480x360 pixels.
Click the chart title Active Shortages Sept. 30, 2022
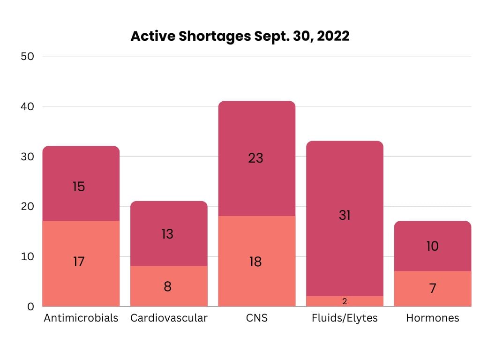click(x=240, y=37)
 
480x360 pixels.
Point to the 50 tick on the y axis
click(x=28, y=56)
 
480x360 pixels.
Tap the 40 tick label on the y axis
click(x=28, y=106)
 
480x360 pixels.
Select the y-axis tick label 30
click(x=28, y=157)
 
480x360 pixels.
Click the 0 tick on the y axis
click(x=31, y=307)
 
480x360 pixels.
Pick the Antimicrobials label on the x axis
click(x=81, y=318)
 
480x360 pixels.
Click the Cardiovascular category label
click(x=169, y=318)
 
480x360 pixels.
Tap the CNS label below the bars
click(x=256, y=318)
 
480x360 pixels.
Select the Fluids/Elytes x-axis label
click(x=345, y=318)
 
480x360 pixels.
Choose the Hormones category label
click(x=432, y=318)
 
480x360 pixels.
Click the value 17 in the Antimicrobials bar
click(x=79, y=262)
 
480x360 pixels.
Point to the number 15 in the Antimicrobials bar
click(x=79, y=187)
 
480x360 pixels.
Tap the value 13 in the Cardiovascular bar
click(x=167, y=234)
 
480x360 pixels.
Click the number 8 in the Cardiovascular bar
click(x=167, y=286)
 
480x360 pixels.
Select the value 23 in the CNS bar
click(x=255, y=158)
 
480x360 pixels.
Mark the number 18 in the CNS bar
click(x=255, y=262)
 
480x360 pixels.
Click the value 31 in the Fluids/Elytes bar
click(x=344, y=215)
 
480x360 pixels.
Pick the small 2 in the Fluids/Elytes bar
click(x=345, y=301)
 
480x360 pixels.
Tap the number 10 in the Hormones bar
click(x=432, y=246)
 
